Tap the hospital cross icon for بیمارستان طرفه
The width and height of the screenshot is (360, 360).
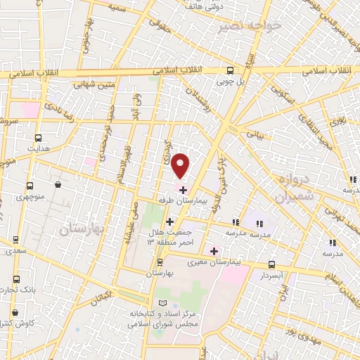coord(183,190)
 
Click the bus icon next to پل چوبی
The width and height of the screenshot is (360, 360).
coord(230,70)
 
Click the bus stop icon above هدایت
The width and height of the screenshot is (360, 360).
coord(38,139)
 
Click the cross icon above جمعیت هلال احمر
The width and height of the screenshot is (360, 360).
coord(169,221)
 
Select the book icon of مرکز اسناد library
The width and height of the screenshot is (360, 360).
coord(165,302)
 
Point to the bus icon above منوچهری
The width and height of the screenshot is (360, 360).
coord(30,186)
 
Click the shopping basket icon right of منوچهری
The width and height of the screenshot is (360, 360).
coord(57,185)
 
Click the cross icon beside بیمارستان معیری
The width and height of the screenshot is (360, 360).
coord(214,251)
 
